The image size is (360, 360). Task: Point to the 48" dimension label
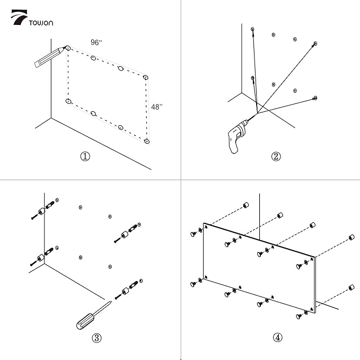pos(157,107)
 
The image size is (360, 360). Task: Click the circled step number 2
pos(276,156)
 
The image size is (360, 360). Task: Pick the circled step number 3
pos(96,338)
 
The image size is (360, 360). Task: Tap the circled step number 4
pos(278,337)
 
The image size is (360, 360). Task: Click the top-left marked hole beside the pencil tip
pos(68,49)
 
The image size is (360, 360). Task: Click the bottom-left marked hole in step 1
pos(67,101)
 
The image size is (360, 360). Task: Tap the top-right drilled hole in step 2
pos(315,42)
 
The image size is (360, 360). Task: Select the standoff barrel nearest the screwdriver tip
pos(126,291)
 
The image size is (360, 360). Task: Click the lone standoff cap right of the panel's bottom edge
pos(351,288)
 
